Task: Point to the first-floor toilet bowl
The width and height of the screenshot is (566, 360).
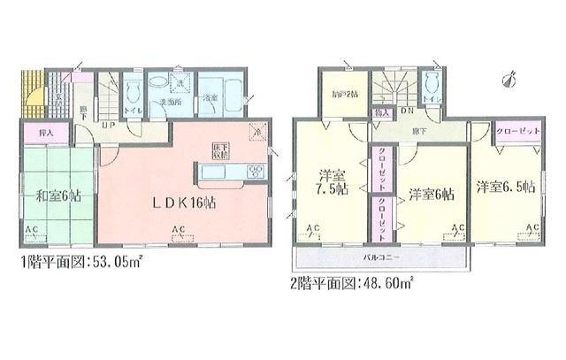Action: pos(133,88)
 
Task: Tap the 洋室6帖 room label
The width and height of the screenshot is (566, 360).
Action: pos(432,193)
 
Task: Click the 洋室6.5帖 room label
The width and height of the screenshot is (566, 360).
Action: pos(506,187)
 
